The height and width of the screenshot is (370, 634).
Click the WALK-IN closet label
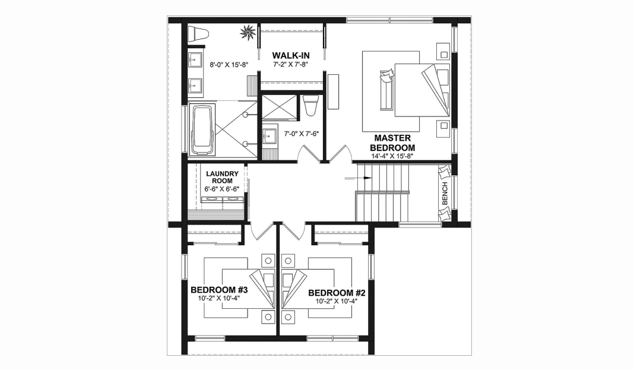(x=291, y=55)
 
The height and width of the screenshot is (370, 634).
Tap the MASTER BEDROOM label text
(x=392, y=143)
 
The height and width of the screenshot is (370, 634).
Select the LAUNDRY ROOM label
(x=222, y=178)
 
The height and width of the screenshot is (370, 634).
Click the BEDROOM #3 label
(x=218, y=290)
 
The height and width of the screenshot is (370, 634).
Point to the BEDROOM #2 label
(x=336, y=293)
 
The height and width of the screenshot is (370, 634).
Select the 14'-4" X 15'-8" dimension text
(x=392, y=156)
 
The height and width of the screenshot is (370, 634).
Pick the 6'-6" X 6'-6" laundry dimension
(x=222, y=189)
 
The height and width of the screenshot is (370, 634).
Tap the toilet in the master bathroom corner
(x=198, y=34)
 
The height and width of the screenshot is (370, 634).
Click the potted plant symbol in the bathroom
(x=248, y=31)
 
